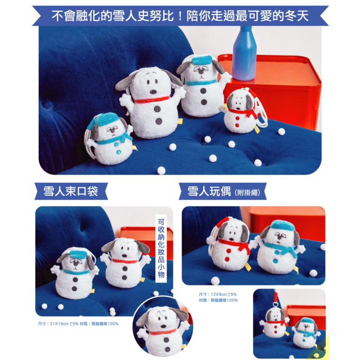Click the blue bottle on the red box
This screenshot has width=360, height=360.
tap(244, 54)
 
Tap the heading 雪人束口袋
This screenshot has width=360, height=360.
tap(71, 191)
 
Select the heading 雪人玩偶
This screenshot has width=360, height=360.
tap(209, 191)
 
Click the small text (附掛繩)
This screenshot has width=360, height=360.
tap(247, 193)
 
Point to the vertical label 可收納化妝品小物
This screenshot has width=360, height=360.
tap(161, 248)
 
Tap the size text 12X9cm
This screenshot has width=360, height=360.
tap(219, 294)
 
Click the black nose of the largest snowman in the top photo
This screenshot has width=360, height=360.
tap(153, 92)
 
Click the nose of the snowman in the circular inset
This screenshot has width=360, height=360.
tap(163, 326)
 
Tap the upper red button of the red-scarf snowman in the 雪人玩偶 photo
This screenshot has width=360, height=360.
tap(228, 251)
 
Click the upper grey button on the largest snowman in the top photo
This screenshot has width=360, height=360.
tap(157, 109)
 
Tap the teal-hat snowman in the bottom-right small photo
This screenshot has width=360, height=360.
tap(305, 331)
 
